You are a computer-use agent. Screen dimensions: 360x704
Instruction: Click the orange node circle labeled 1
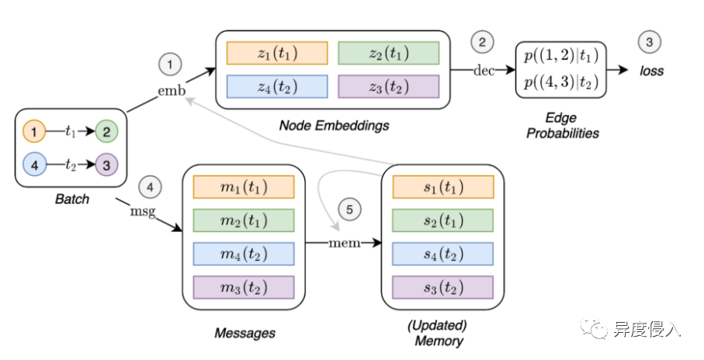coord(34,131)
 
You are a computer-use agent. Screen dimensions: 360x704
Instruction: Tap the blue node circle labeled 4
coord(34,165)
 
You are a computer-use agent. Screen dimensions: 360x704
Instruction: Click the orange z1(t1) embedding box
coord(276,53)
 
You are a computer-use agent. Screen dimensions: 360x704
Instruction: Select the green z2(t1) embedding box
coord(388,53)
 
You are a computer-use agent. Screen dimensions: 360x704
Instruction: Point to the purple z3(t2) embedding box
coord(388,86)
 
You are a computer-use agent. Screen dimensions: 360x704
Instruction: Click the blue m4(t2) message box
coord(243,254)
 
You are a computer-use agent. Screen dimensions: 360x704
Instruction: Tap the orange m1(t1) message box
coord(243,186)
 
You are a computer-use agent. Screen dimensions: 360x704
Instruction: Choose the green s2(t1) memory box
coord(443,220)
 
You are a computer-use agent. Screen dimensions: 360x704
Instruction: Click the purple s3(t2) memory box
coord(443,287)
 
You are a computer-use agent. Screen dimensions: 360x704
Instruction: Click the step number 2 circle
coord(482,42)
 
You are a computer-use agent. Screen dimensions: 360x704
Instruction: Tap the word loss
coord(652,71)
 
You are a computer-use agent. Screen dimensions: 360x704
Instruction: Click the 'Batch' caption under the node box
coord(71,199)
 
